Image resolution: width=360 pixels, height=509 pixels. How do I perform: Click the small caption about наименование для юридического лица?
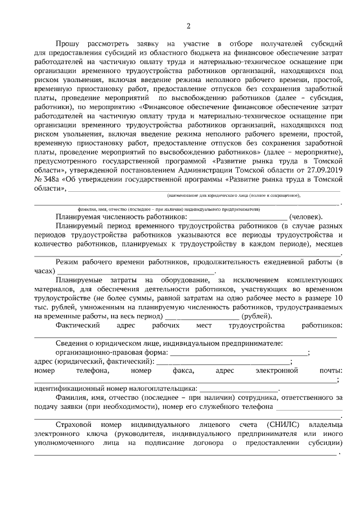(x=233, y=195)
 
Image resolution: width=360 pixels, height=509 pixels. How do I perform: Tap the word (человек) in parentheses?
(x=305, y=217)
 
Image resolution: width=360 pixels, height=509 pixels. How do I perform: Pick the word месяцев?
(x=328, y=245)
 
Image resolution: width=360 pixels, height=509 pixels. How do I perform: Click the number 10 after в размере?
(x=338, y=297)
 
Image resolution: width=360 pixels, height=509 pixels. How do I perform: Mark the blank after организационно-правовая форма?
(x=238, y=353)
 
